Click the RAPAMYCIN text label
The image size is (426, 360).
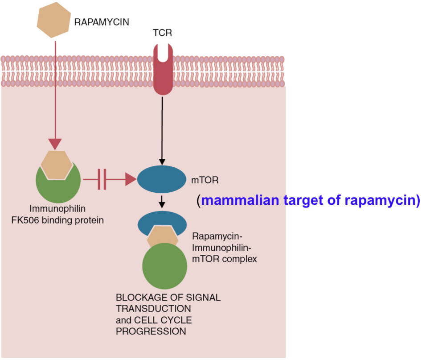click(x=102, y=21)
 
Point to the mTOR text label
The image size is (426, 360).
click(x=202, y=180)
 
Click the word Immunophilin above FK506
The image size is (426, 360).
click(x=57, y=208)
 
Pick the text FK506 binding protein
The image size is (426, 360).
click(x=57, y=220)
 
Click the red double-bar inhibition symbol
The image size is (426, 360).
click(x=102, y=179)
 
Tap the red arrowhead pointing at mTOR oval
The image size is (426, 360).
click(x=131, y=179)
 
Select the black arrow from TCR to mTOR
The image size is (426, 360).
click(x=162, y=129)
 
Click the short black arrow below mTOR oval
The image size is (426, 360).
click(x=162, y=202)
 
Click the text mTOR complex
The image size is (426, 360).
click(x=224, y=259)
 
